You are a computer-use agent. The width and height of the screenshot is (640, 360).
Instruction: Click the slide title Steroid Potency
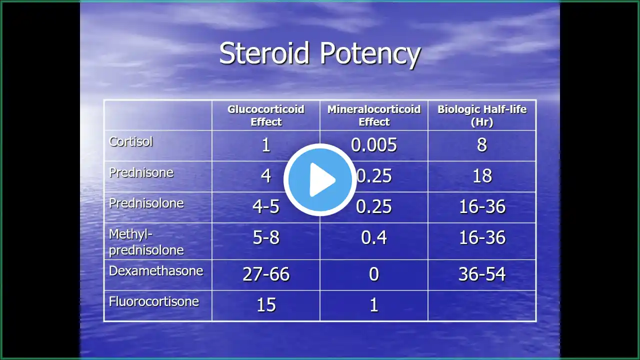click(x=319, y=53)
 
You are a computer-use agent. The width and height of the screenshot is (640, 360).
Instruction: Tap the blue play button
click(x=320, y=179)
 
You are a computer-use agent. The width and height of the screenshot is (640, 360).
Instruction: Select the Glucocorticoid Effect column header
click(x=266, y=115)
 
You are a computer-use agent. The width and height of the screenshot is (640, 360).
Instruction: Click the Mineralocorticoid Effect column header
click(x=374, y=115)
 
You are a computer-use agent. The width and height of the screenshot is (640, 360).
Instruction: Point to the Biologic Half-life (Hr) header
click(x=482, y=115)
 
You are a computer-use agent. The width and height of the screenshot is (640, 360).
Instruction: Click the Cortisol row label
click(x=131, y=141)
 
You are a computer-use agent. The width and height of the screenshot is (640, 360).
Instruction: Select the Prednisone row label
click(x=141, y=172)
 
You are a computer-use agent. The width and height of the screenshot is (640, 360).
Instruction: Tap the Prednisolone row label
click(x=146, y=203)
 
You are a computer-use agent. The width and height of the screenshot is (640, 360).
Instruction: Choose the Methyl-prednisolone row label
click(x=146, y=241)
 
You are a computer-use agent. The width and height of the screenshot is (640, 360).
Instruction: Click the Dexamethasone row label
click(x=156, y=271)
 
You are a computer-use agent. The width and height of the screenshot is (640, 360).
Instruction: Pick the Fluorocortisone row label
click(x=154, y=301)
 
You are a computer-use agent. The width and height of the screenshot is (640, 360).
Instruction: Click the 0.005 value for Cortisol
click(x=374, y=145)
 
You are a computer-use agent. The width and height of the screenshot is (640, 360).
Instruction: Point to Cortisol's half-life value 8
click(x=482, y=145)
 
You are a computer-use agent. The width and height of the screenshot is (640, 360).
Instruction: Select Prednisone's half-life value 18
click(x=482, y=176)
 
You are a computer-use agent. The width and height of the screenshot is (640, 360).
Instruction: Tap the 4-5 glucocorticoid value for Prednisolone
click(x=266, y=207)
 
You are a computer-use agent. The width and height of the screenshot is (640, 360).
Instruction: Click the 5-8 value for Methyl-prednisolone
click(x=266, y=238)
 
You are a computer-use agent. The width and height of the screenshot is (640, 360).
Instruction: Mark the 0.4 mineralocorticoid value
click(x=374, y=238)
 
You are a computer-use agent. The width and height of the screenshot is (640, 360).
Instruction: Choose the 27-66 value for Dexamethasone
click(x=266, y=274)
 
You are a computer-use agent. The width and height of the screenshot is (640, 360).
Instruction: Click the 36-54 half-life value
click(x=482, y=274)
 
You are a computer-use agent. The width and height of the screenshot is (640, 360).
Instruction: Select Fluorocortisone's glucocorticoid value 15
click(x=266, y=305)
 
